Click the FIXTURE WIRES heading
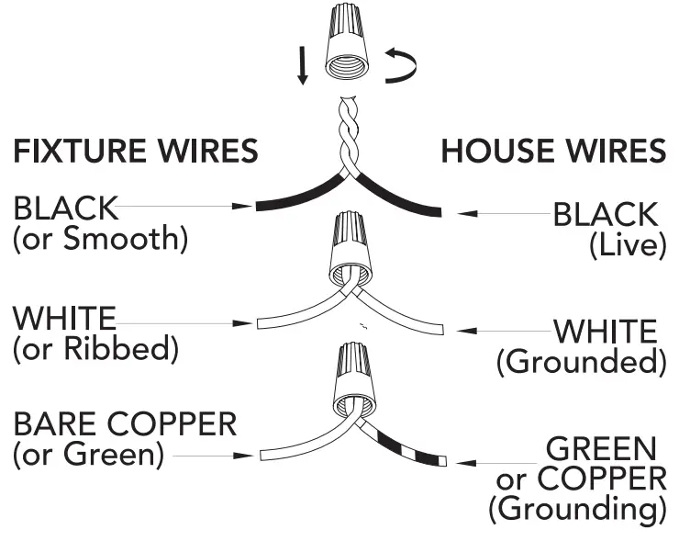(135, 152)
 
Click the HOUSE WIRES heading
(553, 152)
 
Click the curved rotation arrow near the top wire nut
(401, 66)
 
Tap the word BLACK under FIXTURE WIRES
(65, 209)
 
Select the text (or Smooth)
(99, 240)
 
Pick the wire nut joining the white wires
(350, 248)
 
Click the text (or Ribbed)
(95, 350)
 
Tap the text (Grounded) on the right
(581, 362)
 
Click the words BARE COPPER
(125, 424)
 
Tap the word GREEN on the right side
(601, 449)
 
